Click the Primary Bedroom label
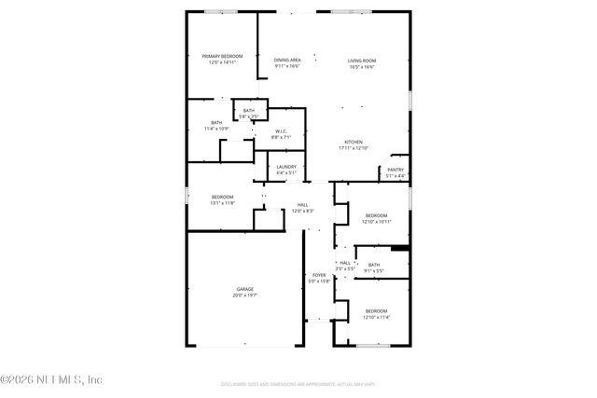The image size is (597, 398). (222, 56)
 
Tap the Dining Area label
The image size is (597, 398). (287, 61)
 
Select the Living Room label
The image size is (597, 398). (362, 61)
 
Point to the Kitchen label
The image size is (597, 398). (354, 142)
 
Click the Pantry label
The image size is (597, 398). (396, 170)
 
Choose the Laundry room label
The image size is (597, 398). (286, 167)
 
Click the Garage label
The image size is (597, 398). (244, 289)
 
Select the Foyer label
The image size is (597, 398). (319, 275)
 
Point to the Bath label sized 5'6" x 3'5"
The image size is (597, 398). (248, 111)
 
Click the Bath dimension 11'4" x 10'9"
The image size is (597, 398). (216, 129)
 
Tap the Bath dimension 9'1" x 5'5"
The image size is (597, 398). (374, 271)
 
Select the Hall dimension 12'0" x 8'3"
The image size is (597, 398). (302, 211)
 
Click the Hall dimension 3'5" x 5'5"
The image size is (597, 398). (345, 268)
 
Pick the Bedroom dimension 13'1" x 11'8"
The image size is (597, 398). (222, 202)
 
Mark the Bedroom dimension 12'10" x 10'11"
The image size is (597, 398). (376, 221)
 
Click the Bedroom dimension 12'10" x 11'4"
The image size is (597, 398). (376, 317)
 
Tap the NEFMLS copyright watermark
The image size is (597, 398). (51, 379)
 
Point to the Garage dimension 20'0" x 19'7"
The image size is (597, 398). (244, 295)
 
